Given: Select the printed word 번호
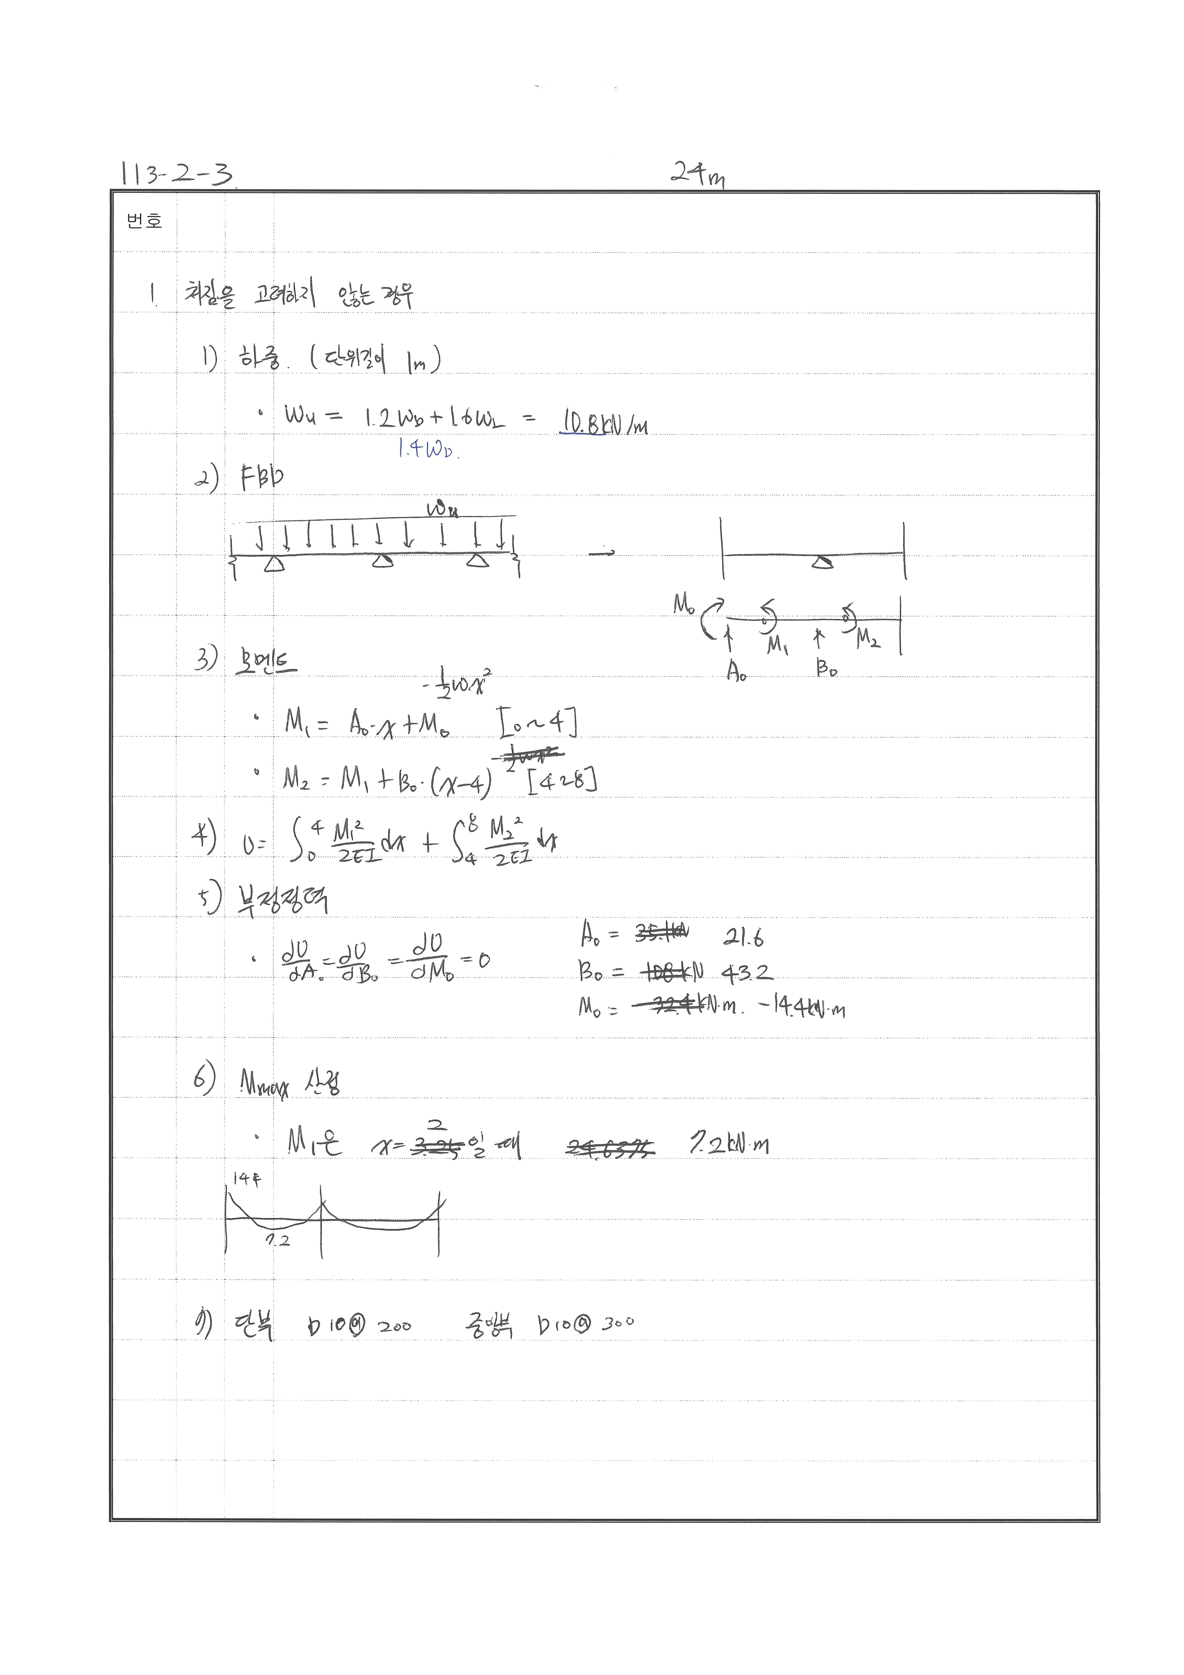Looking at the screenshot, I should pyautogui.click(x=144, y=221).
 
